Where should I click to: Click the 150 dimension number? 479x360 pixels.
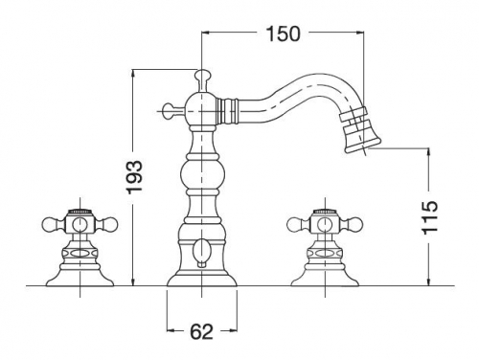283,34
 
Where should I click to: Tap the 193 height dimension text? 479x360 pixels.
134,176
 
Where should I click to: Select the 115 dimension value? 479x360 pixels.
429,218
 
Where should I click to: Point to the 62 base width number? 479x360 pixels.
201,331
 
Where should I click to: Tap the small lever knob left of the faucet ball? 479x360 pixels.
169,110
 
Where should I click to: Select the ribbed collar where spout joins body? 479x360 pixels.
228,110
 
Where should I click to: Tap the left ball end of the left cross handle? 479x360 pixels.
49,224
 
